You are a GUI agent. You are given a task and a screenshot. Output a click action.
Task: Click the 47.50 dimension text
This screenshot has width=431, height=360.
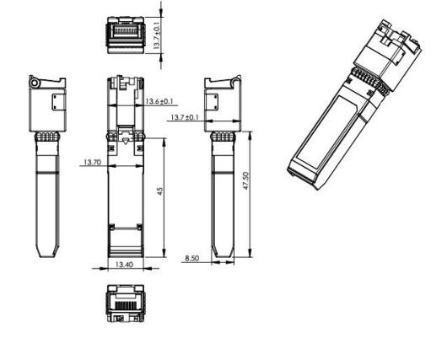(x=245, y=181)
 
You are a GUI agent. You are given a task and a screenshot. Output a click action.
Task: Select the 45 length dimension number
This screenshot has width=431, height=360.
(x=159, y=191)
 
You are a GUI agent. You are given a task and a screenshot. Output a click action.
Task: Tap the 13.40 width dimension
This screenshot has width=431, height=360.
(x=124, y=265)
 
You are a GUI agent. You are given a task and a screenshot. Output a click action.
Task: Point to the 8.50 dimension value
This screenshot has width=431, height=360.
(x=192, y=258)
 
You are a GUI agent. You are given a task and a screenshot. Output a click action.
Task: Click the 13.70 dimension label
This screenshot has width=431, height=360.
(x=93, y=162)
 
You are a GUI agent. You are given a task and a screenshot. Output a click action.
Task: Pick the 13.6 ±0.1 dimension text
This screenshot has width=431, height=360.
(x=159, y=101)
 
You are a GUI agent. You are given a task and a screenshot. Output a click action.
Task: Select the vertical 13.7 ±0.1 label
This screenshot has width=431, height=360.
(x=157, y=35)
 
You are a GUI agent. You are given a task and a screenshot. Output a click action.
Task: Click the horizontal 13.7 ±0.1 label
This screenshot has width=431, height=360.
(x=185, y=117)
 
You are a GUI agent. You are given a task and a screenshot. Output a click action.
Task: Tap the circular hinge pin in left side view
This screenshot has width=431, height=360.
(x=35, y=83)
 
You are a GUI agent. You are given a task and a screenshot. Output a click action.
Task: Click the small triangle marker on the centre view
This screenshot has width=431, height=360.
(x=126, y=141)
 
